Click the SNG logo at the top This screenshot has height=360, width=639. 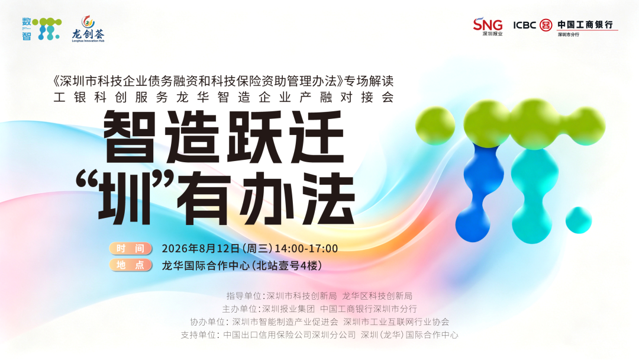pyautogui.click(x=488, y=27)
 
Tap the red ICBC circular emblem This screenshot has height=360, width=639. pyautogui.click(x=546, y=25)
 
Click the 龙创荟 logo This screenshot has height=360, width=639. pyautogui.click(x=88, y=29)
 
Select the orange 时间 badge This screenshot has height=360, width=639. pyautogui.click(x=130, y=248)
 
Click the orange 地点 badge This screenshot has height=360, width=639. pyautogui.click(x=130, y=265)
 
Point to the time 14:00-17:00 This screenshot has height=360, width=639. pyautogui.click(x=306, y=249)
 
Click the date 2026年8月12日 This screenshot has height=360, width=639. pyautogui.click(x=201, y=249)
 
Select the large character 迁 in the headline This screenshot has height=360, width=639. pyautogui.click(x=317, y=137)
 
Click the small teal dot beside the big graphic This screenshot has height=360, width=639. pyautogui.click(x=578, y=220)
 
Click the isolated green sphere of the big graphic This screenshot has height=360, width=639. pyautogui.click(x=435, y=126)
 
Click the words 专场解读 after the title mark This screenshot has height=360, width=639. pyautogui.click(x=369, y=81)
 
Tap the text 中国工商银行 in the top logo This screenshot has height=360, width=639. pyautogui.click(x=585, y=24)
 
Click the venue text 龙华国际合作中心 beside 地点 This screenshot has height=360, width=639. pyautogui.click(x=206, y=265)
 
